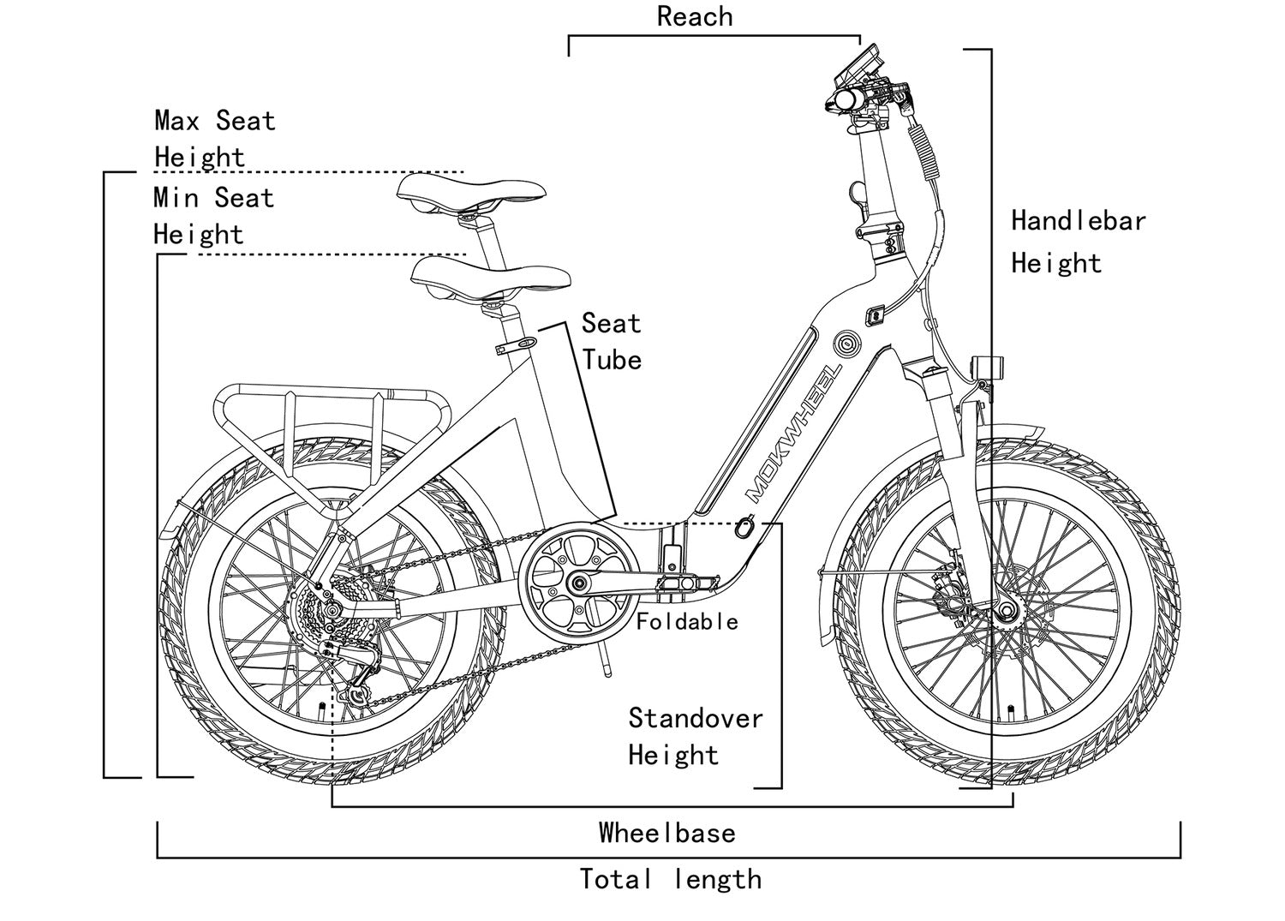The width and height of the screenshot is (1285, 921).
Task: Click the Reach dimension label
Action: (x=694, y=16)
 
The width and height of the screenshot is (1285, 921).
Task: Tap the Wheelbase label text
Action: (x=666, y=833)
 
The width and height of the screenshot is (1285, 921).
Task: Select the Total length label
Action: (x=670, y=879)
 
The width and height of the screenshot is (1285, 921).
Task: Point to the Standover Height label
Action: (x=694, y=736)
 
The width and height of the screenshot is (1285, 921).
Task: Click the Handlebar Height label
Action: (x=1077, y=241)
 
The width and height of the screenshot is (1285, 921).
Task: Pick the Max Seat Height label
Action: (x=214, y=138)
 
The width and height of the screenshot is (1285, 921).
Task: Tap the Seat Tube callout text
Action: (x=611, y=341)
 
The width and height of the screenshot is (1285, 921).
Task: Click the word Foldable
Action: (x=687, y=621)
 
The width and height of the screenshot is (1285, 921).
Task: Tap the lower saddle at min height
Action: (x=490, y=278)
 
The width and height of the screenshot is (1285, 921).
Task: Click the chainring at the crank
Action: (x=579, y=583)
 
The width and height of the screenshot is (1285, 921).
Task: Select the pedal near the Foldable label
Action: (x=683, y=583)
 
